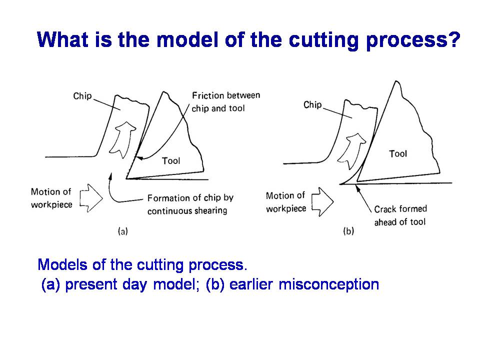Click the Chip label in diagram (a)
click(82, 96)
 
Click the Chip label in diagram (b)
click(312, 105)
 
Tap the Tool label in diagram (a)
click(171, 160)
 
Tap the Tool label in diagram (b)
click(398, 153)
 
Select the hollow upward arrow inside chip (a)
click(122, 139)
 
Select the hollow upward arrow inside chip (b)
click(351, 150)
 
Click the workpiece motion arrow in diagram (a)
click(91, 198)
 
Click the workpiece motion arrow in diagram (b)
click(322, 202)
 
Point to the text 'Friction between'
click(226, 95)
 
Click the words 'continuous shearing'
click(187, 211)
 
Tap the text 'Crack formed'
click(400, 209)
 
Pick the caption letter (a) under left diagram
click(123, 231)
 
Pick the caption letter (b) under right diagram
click(348, 231)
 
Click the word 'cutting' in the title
click(323, 40)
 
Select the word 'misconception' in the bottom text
click(329, 284)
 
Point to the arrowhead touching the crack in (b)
click(357, 187)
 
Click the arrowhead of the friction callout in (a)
click(138, 158)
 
